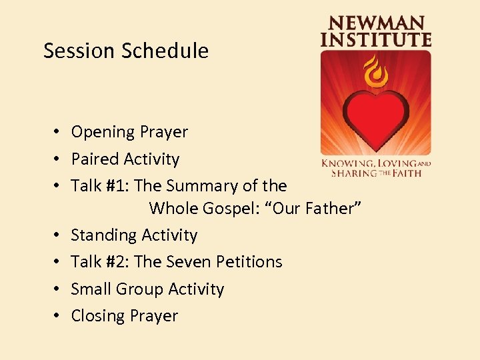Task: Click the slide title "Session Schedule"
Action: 126,51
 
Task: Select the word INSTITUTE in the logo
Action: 375,39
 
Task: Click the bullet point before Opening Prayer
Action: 59,132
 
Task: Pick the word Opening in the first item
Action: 99,133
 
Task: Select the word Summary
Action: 207,186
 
